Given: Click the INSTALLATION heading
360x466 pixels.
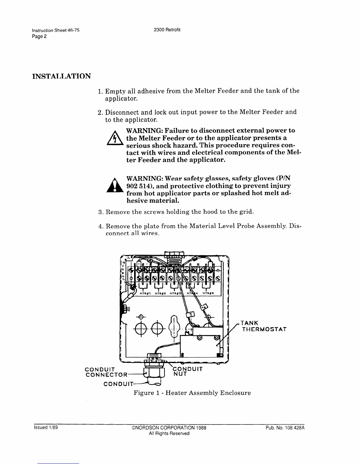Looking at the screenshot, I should coord(61,76).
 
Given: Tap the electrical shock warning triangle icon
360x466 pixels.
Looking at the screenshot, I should coord(115,139).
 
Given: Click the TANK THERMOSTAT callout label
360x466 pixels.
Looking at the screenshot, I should coord(264,326).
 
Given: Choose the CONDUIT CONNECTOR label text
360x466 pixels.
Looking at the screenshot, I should coord(106,372).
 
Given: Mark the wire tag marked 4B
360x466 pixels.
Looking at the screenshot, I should coord(204,308).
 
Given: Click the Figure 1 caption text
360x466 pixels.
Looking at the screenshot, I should coord(192,393).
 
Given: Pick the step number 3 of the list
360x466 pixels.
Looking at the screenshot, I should coord(100,212).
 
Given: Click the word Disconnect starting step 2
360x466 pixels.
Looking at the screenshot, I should coord(122,112).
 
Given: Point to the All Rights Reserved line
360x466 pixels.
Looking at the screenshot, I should coord(169,433).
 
